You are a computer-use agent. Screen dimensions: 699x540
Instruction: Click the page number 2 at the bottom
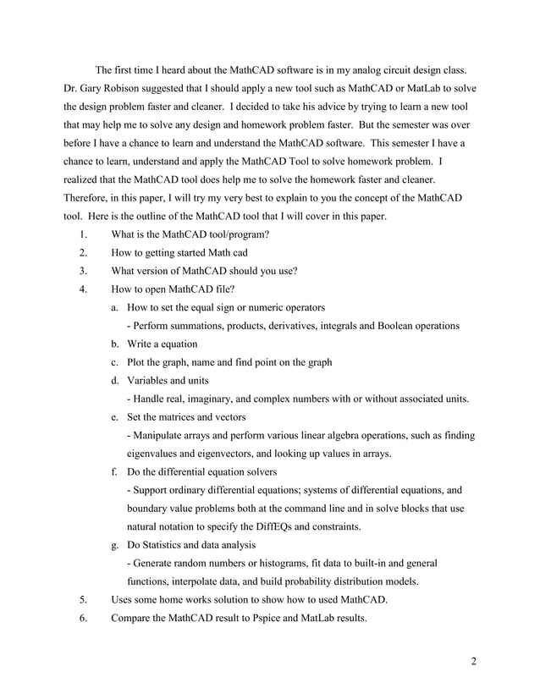[x=474, y=661]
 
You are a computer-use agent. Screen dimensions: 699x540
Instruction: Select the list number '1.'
[x=84, y=235]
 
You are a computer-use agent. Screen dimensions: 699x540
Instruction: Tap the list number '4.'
[x=84, y=289]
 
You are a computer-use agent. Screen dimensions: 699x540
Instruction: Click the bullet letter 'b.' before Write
[x=116, y=344]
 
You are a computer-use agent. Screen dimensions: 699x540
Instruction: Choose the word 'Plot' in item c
[x=137, y=362]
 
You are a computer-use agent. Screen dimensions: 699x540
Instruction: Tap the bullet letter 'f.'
[x=115, y=471]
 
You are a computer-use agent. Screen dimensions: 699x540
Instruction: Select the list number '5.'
[x=84, y=599]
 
